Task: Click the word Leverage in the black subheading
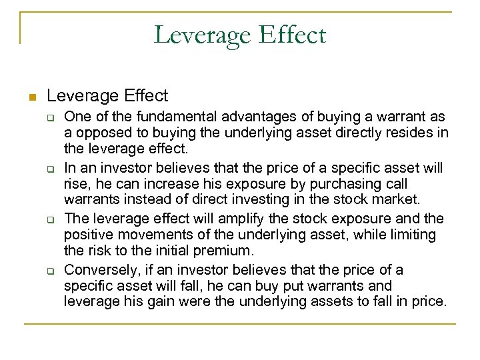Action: [79, 96]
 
